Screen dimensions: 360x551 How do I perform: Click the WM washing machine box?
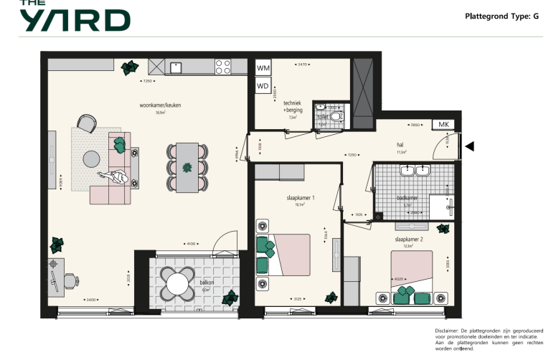pos(263,68)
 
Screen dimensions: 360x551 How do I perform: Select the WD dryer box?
pos(263,87)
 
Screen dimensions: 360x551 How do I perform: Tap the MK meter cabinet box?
pos(443,125)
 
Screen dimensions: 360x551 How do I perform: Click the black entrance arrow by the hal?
pos(470,146)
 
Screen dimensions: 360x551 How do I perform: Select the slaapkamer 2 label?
pos(408,240)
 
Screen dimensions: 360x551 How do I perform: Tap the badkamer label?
pos(407,198)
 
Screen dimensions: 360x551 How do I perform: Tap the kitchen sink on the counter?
pos(176,67)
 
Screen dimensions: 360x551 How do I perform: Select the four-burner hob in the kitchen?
pos(223,67)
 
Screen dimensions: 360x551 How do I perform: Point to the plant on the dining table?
pos(187,169)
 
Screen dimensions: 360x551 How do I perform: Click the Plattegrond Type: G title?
pos(501,15)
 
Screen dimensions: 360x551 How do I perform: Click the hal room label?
pos(401,145)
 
